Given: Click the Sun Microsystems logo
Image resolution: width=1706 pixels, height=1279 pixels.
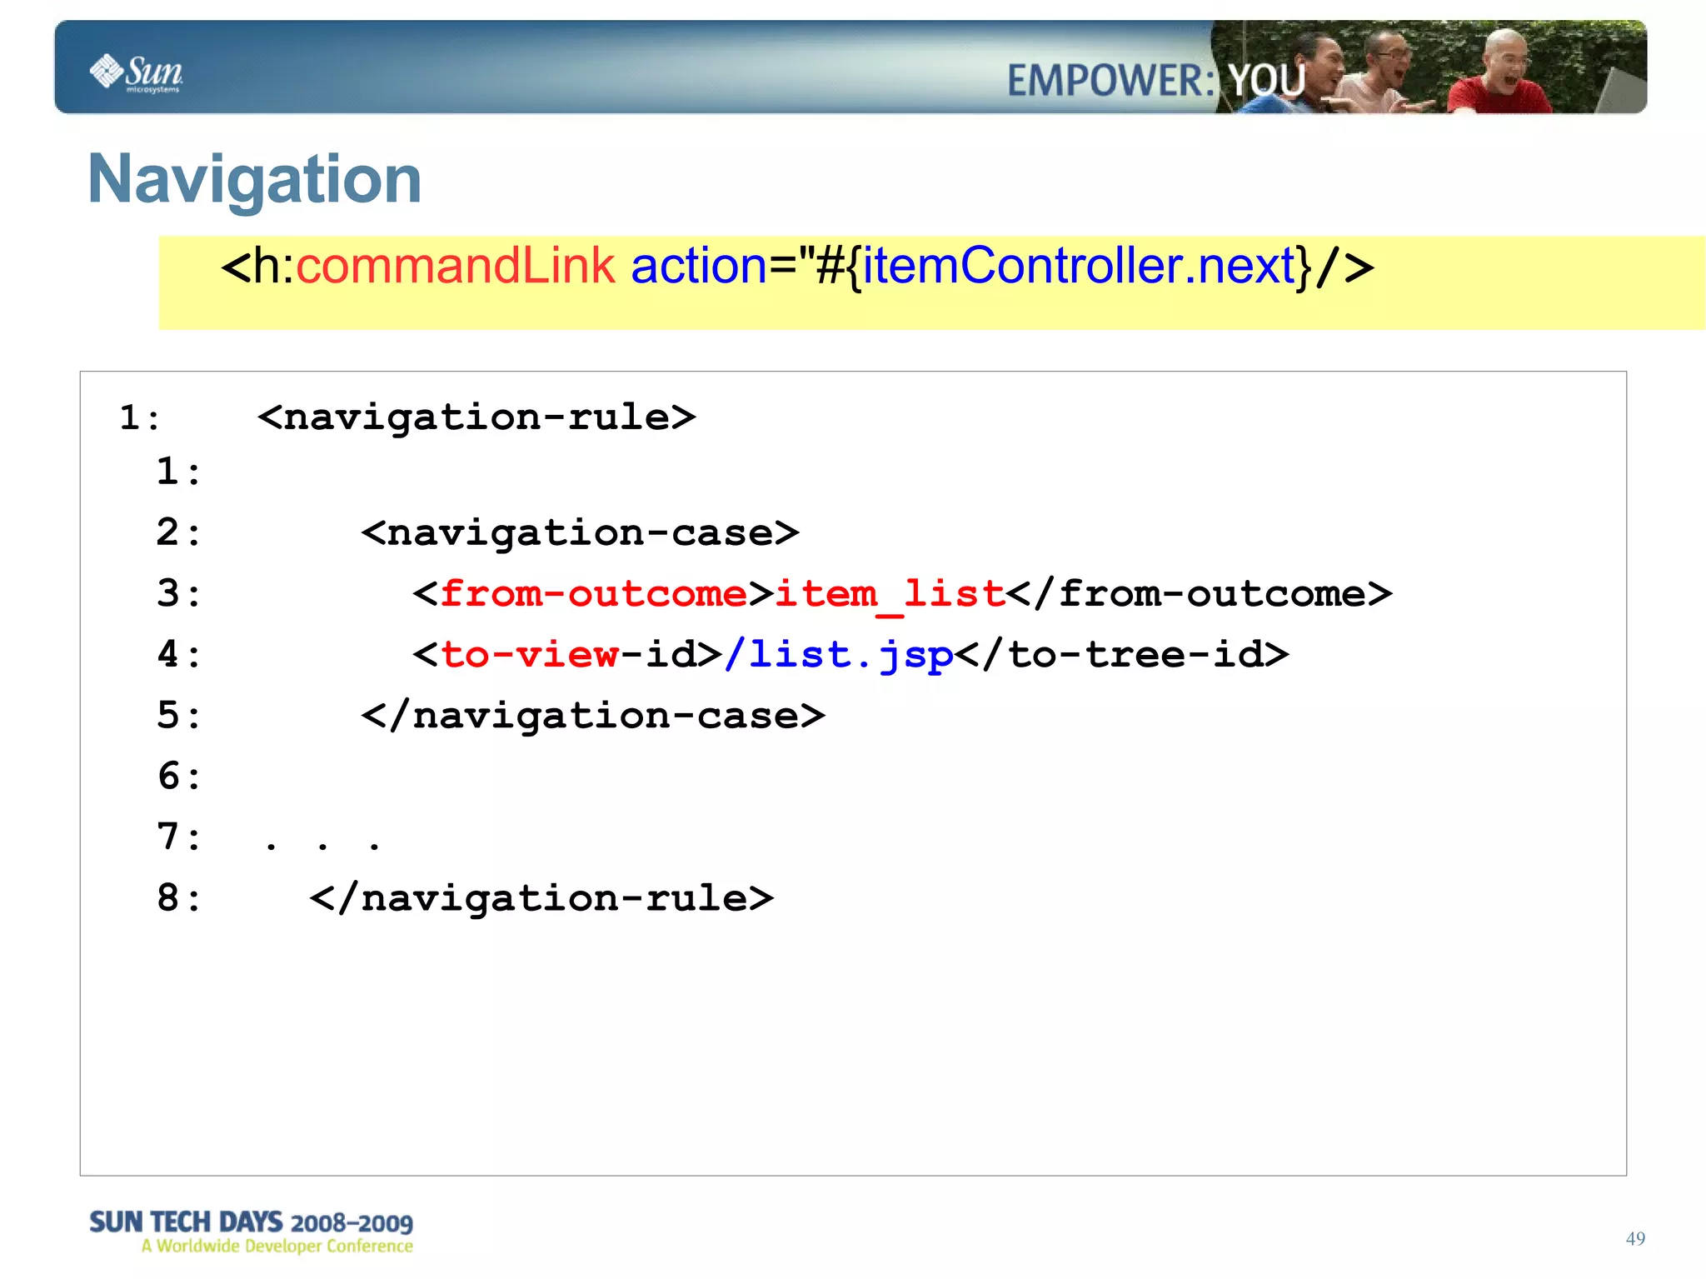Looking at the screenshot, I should point(137,72).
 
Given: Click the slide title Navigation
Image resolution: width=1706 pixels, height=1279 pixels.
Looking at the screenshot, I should point(255,179).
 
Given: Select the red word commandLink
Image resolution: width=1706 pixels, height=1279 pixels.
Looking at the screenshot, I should point(455,267).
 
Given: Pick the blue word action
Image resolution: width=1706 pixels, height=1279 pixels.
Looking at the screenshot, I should point(698,267).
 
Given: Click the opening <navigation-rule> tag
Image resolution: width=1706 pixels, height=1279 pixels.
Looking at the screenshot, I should point(476,417).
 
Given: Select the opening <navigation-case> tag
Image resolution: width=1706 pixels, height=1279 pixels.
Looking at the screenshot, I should point(580,533).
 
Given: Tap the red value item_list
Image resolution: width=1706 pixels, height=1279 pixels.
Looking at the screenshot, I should point(890,594).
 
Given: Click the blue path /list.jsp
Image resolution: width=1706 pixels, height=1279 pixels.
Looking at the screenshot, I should point(839,655).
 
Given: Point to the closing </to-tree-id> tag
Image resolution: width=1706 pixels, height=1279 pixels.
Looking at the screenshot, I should point(1122,655).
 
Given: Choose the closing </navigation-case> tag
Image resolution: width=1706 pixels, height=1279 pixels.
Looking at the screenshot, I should point(593,716).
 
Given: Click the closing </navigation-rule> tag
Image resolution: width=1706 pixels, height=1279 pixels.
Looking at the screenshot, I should point(541,898).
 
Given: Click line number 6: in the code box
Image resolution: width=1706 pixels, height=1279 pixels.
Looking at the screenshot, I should point(179,777).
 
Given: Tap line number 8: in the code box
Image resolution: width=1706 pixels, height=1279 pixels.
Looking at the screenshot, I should point(179,898).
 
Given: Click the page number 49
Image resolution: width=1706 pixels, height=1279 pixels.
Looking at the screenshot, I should point(1634,1238).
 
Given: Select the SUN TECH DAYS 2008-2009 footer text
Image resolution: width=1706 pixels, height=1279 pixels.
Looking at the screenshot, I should point(251,1222).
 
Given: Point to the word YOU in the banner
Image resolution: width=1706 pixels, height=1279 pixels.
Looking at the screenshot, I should point(1267,82).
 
